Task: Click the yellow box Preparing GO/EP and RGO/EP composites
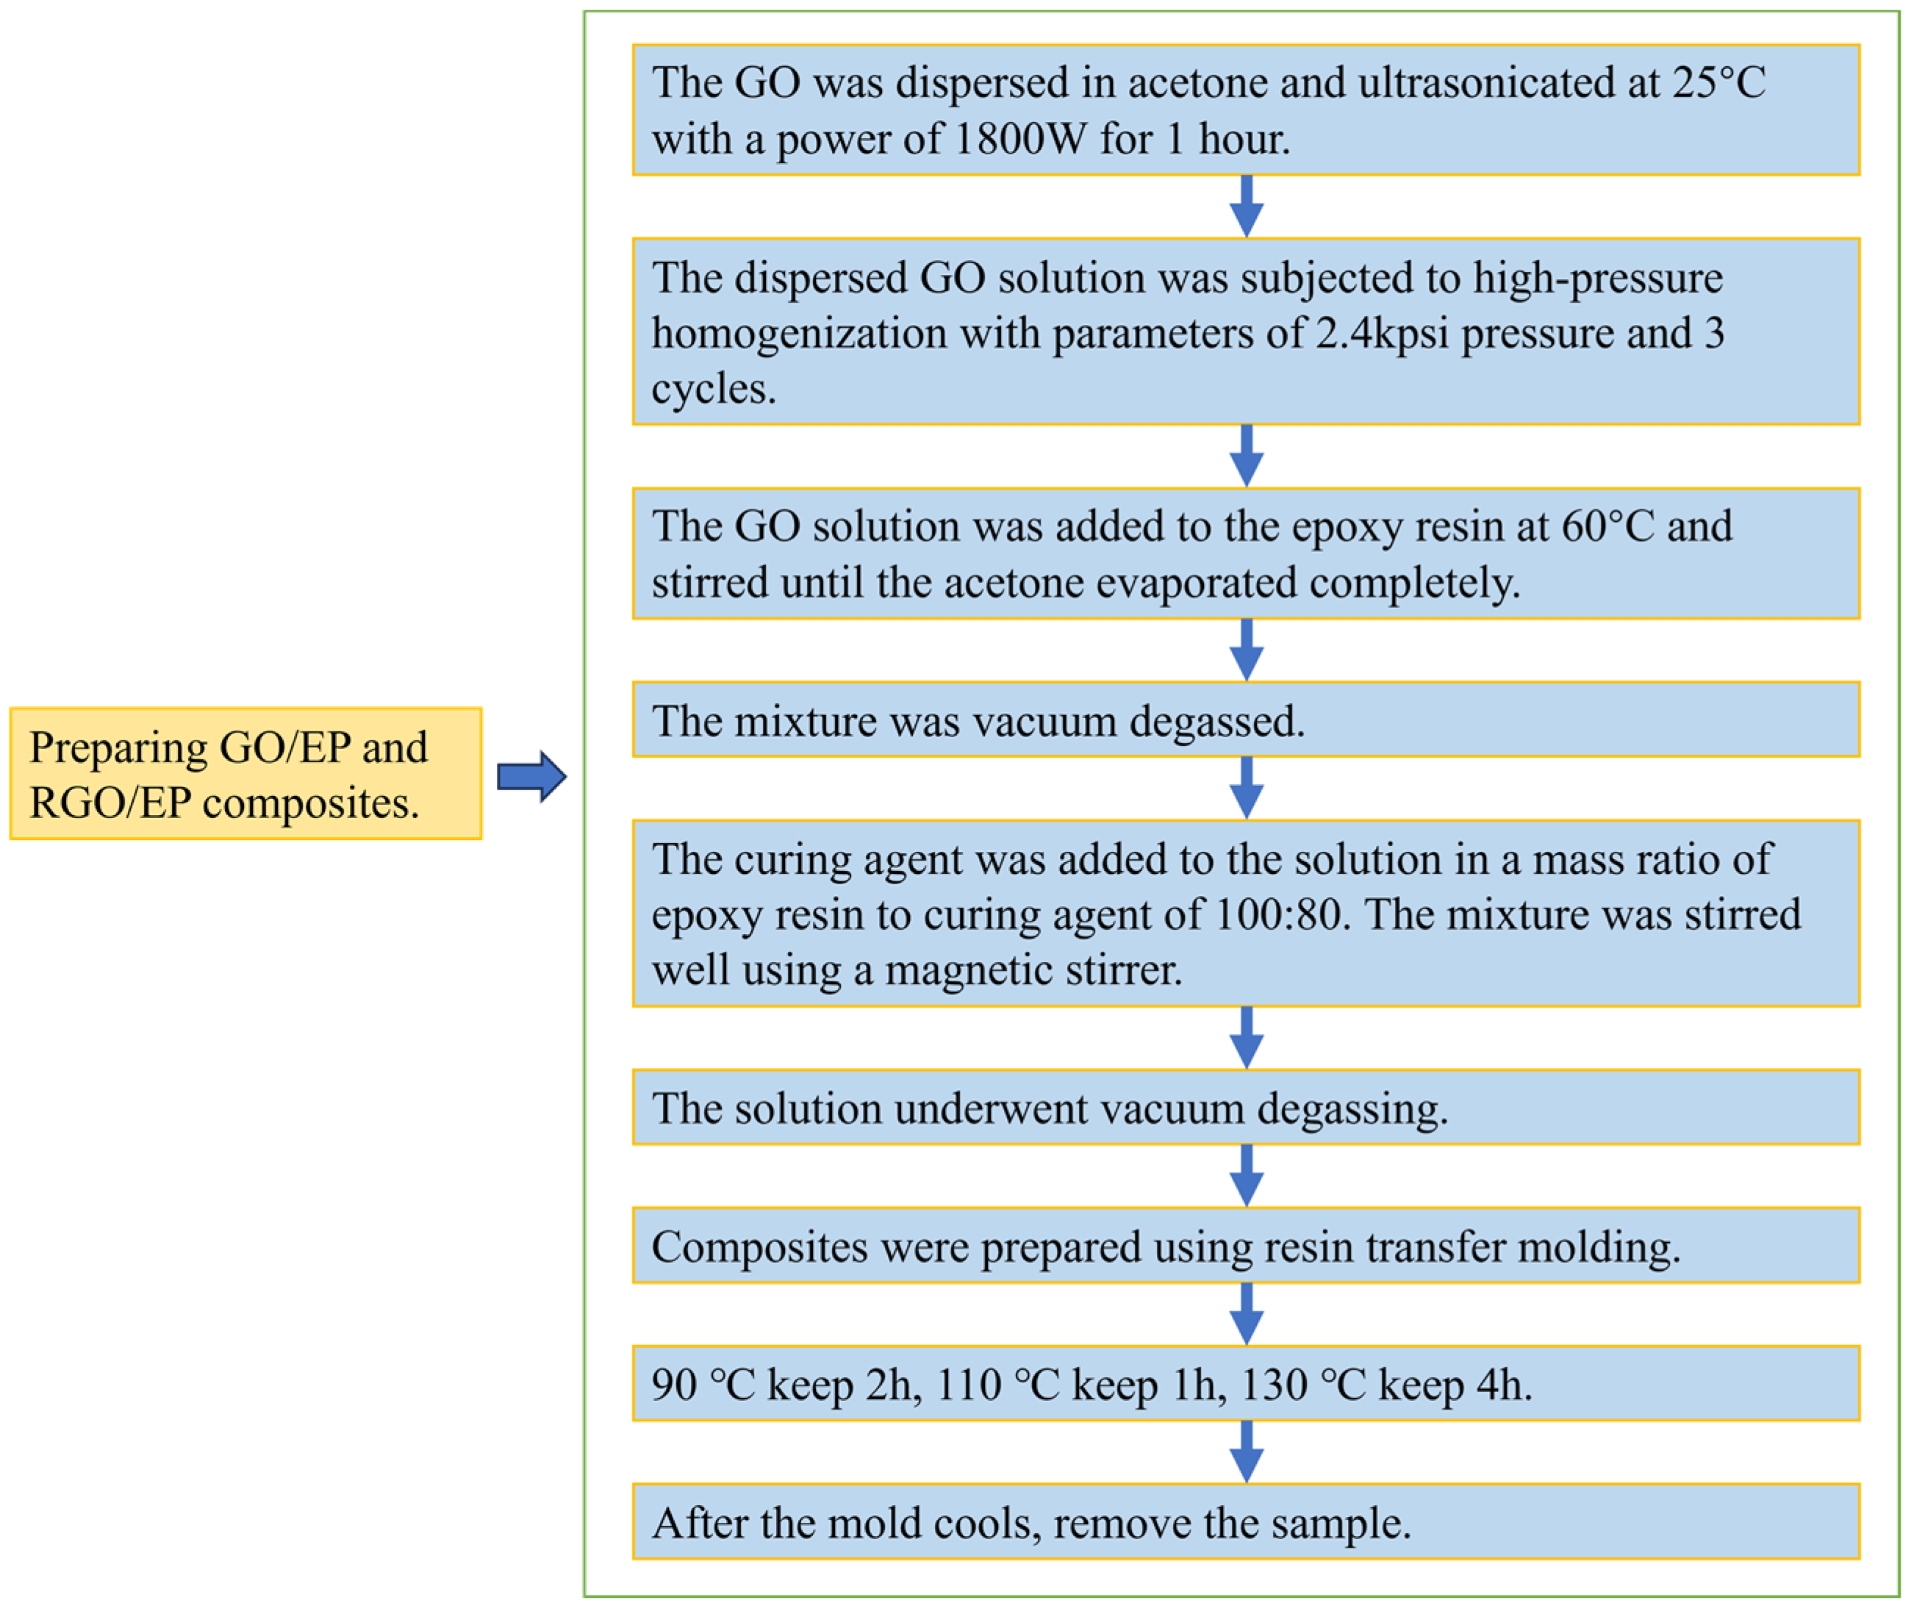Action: click(245, 774)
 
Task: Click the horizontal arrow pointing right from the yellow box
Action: click(531, 777)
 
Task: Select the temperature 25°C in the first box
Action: click(1718, 83)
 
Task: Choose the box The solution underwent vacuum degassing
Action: click(1246, 1107)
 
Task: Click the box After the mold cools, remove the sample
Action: click(1246, 1524)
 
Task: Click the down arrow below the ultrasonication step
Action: click(1246, 207)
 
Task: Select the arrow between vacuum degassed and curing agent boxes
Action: click(1246, 788)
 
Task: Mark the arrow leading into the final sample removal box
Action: click(1246, 1453)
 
